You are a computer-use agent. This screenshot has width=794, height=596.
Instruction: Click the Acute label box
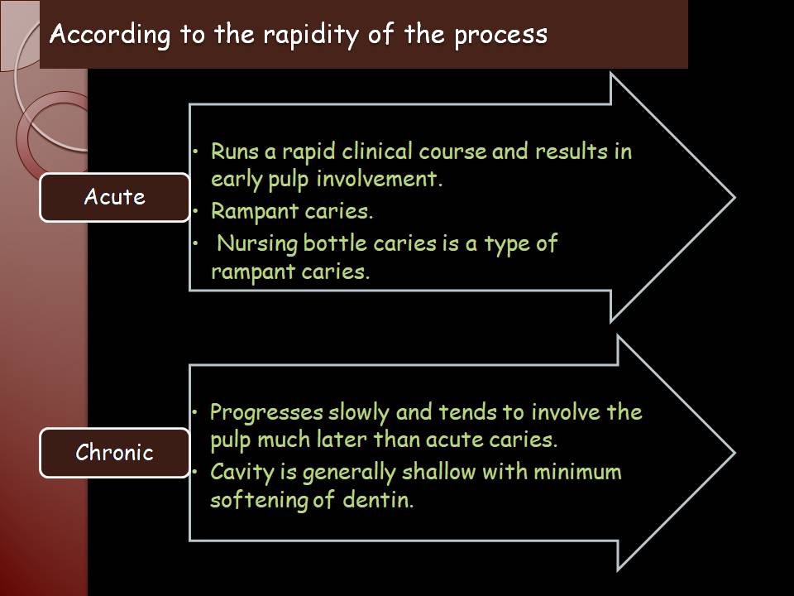point(114,197)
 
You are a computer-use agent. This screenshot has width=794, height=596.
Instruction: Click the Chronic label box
point(114,453)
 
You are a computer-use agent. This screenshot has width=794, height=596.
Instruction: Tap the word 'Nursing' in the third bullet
point(256,243)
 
